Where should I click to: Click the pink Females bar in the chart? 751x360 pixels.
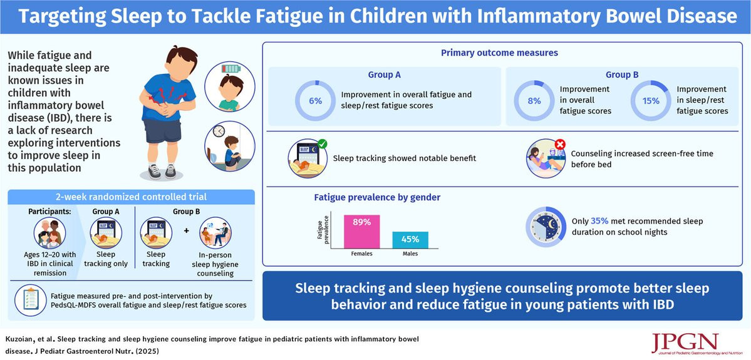pos(361,232)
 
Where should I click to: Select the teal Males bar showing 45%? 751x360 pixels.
pos(410,240)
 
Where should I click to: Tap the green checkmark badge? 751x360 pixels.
pos(323,143)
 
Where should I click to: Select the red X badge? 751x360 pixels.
pos(560,143)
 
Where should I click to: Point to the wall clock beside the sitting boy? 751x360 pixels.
pos(219,131)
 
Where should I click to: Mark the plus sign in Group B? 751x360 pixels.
pos(186,231)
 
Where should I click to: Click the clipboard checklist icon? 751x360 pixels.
pos(31,298)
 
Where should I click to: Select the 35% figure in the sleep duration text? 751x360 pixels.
pos(599,221)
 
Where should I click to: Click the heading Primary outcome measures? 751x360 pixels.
pos(500,53)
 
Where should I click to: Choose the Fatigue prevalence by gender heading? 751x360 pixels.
pos(377,196)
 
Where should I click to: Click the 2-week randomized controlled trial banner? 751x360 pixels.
pos(132,196)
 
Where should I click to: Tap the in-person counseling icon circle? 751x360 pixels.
pos(215,233)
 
